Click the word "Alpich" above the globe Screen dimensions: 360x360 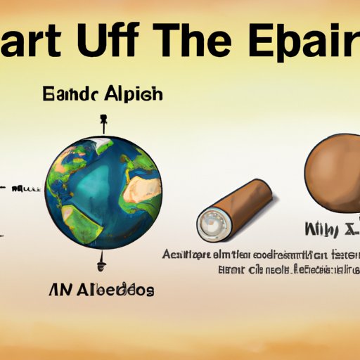[134, 94]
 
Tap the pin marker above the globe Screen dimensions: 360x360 [103, 123]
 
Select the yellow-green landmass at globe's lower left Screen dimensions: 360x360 [67, 211]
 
